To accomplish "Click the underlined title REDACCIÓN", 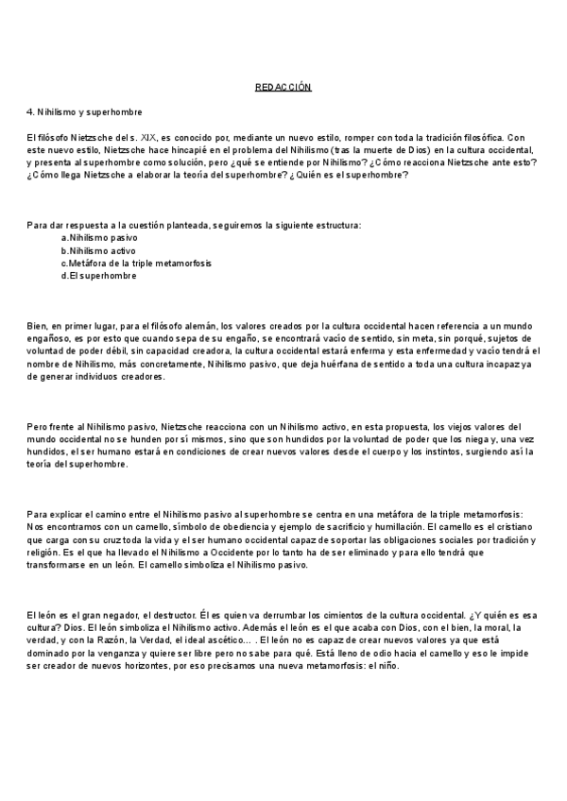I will tap(283, 87).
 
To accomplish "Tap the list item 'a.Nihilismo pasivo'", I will tap(98, 238).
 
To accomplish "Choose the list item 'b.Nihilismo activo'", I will tap(98, 250).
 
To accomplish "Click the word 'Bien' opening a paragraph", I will tap(36, 326).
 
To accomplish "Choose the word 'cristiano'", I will tap(508, 526).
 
